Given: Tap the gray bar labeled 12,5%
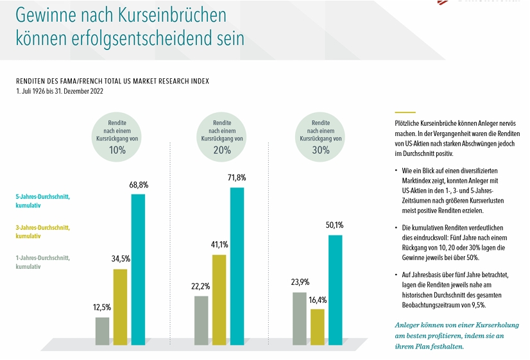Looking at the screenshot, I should coord(103,330).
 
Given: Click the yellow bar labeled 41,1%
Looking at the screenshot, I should coord(219,299).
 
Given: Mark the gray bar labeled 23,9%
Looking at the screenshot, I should coord(299,318).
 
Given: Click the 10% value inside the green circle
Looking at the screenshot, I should coord(117,150).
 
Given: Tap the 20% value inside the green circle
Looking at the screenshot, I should coord(222,150).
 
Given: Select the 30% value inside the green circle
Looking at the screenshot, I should coord(321,150).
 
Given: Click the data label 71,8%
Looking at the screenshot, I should coord(237,178).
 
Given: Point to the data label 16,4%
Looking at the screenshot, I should coord(317,300).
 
